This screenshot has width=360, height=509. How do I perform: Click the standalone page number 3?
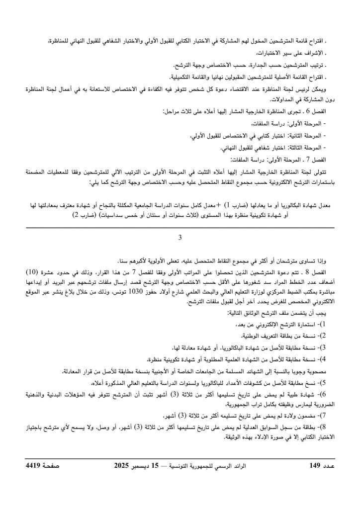pyautogui.click(x=180, y=238)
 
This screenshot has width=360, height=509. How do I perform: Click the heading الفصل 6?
pyautogui.click(x=322, y=112)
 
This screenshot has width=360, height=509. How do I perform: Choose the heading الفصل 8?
pyautogui.click(x=322, y=272)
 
